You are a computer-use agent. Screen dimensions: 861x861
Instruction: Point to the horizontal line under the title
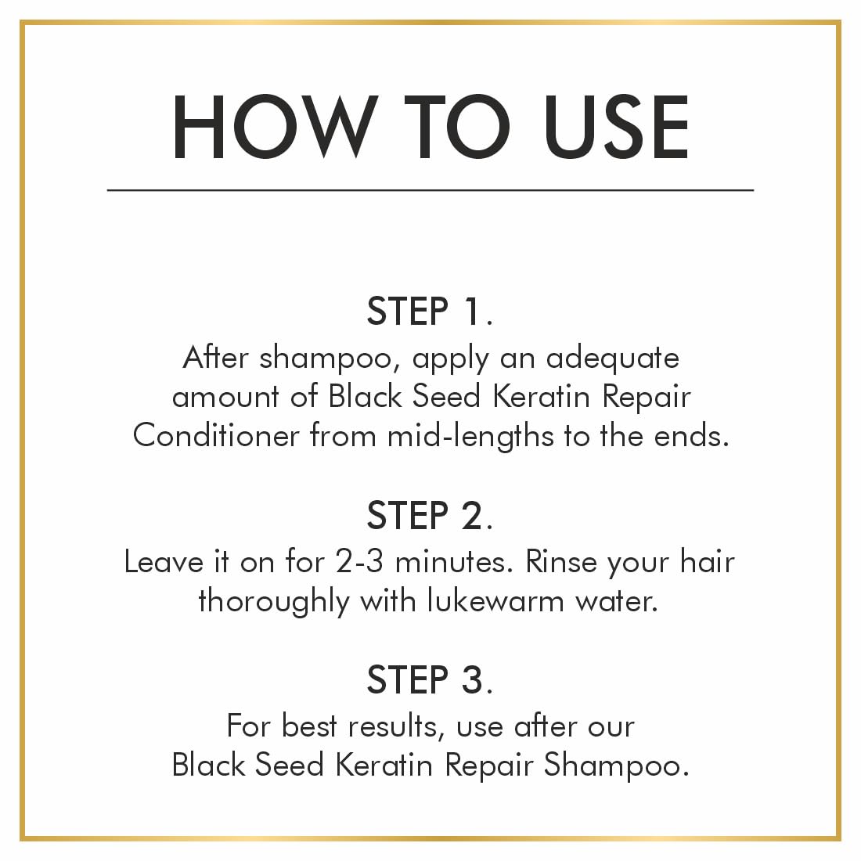(430, 189)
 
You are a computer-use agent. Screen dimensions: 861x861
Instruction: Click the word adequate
(612, 358)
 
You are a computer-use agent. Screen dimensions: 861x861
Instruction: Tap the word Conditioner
(216, 435)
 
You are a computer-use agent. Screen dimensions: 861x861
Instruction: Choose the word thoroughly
(274, 602)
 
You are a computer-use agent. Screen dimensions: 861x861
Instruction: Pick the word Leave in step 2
(163, 562)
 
